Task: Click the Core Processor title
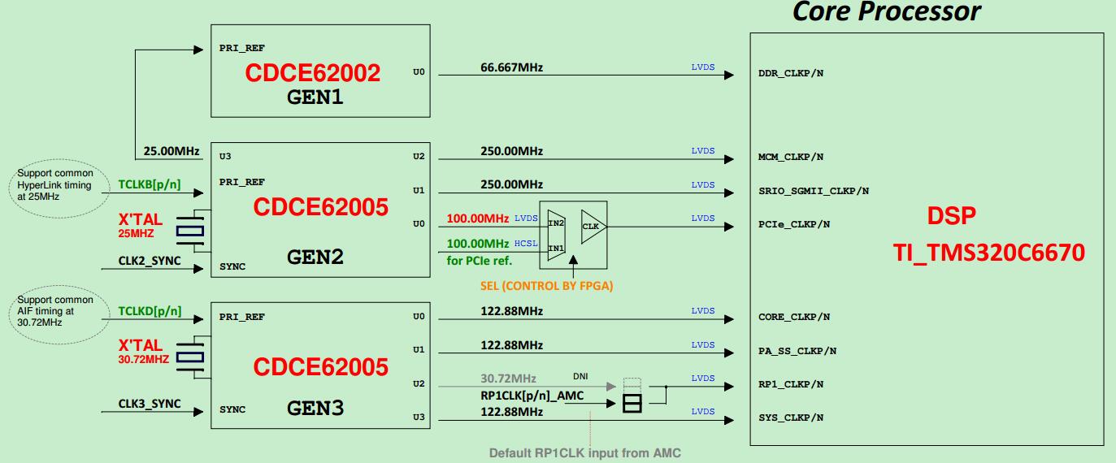(886, 12)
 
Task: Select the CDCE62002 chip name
(313, 73)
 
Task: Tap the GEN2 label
(315, 257)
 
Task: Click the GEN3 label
(315, 409)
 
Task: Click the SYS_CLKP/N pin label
(791, 418)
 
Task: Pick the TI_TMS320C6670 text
(988, 253)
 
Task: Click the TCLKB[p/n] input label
(150, 184)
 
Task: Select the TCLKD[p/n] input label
(150, 311)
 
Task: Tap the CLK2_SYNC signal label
(150, 261)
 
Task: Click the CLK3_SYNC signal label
(150, 404)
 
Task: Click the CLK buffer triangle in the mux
(592, 227)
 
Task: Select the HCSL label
(526, 244)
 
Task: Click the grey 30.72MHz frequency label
(508, 379)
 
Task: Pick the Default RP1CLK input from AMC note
(584, 453)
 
